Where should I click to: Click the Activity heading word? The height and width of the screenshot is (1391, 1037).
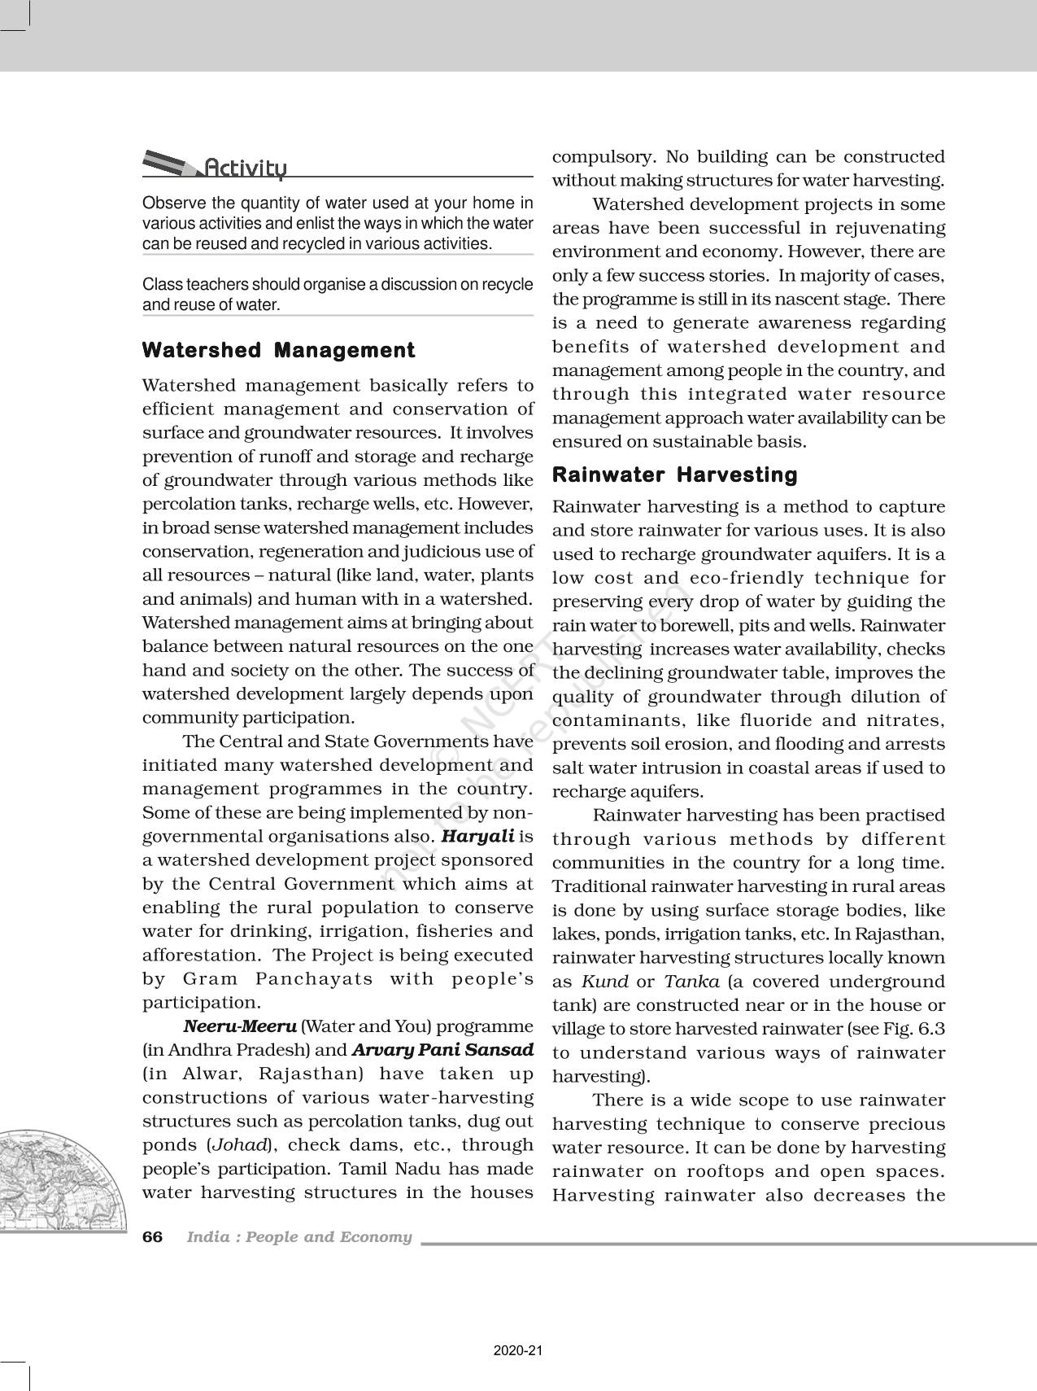[x=245, y=168]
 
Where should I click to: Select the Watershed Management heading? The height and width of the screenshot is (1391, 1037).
[x=278, y=351]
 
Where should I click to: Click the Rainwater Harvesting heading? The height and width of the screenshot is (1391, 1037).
[x=674, y=475]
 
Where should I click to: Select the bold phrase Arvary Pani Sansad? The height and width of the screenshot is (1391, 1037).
[x=442, y=1050]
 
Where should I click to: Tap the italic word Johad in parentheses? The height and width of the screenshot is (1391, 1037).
[x=239, y=1145]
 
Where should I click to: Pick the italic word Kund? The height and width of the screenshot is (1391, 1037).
[x=605, y=982]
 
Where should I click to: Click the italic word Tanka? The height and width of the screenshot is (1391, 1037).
[x=691, y=982]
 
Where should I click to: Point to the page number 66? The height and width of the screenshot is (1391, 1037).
[x=152, y=1237]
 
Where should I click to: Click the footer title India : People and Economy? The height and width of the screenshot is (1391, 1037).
[x=299, y=1237]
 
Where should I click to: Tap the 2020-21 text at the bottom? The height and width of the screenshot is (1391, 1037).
[x=517, y=1351]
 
